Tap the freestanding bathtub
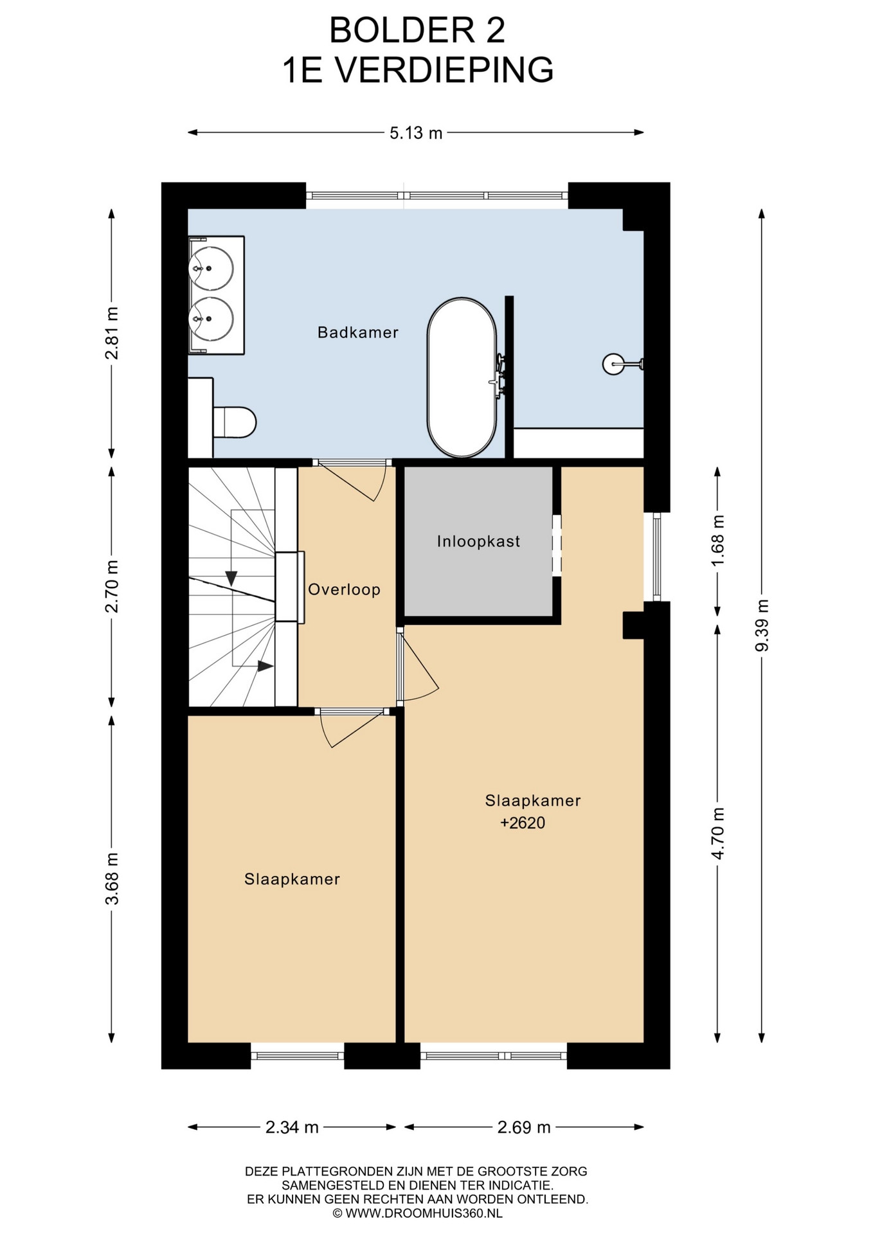(462, 377)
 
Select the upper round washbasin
(211, 267)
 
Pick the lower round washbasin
(211, 319)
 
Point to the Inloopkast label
(478, 541)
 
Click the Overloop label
(344, 589)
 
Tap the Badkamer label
(358, 332)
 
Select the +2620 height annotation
(523, 823)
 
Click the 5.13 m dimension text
(416, 133)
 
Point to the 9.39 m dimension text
(762, 625)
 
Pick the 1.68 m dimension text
(717, 540)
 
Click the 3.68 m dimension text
(112, 878)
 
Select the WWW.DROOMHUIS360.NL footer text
(424, 1213)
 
